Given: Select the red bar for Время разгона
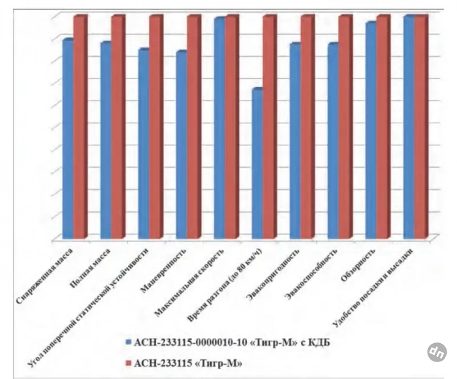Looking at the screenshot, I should point(270,127).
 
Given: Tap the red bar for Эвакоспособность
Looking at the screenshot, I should point(345,127).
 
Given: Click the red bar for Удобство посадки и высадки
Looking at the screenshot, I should point(421,127).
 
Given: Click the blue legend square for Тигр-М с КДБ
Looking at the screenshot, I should point(129,341).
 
